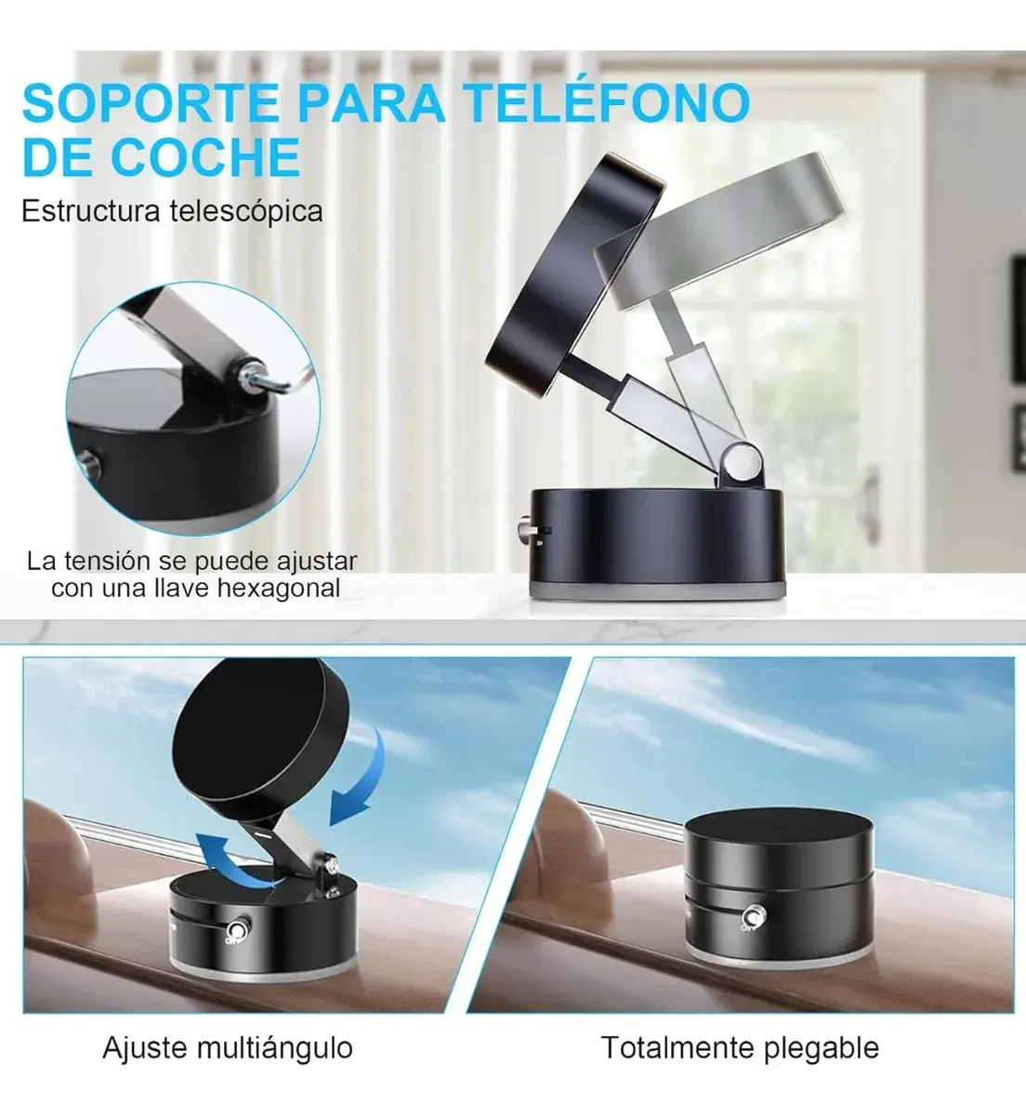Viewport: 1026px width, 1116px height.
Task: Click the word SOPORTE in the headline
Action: tap(151, 103)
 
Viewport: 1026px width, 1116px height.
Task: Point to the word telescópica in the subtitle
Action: tap(246, 212)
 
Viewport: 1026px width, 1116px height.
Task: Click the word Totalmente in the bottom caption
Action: tap(677, 1047)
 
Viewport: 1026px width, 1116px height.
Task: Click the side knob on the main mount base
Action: tap(526, 527)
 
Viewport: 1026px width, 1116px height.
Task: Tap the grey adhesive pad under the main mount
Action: tap(657, 591)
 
